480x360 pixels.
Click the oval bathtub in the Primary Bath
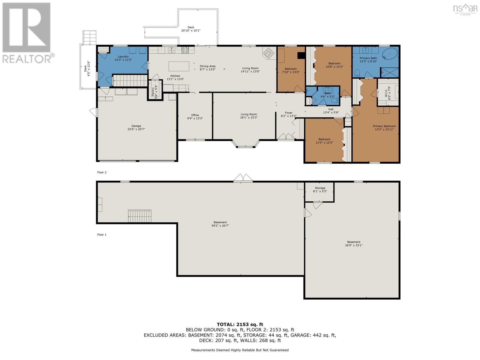click(390, 54)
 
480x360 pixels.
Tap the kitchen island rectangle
click(179, 66)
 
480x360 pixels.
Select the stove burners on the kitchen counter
click(185, 50)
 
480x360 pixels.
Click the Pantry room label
click(153, 91)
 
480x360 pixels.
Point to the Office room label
click(195, 115)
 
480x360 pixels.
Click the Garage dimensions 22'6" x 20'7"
click(136, 129)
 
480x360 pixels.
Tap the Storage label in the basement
click(320, 188)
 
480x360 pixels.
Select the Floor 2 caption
click(102, 172)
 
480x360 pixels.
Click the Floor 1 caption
click(102, 235)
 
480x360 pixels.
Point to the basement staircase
click(139, 216)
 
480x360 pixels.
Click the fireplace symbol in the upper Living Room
click(268, 53)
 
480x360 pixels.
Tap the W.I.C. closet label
click(386, 92)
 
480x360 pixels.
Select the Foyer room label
click(289, 113)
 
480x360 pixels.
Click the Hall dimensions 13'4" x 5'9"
click(331, 112)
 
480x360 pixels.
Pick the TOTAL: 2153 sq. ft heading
click(240, 324)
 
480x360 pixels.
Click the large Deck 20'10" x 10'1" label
click(191, 29)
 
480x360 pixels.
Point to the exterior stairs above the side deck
click(89, 37)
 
